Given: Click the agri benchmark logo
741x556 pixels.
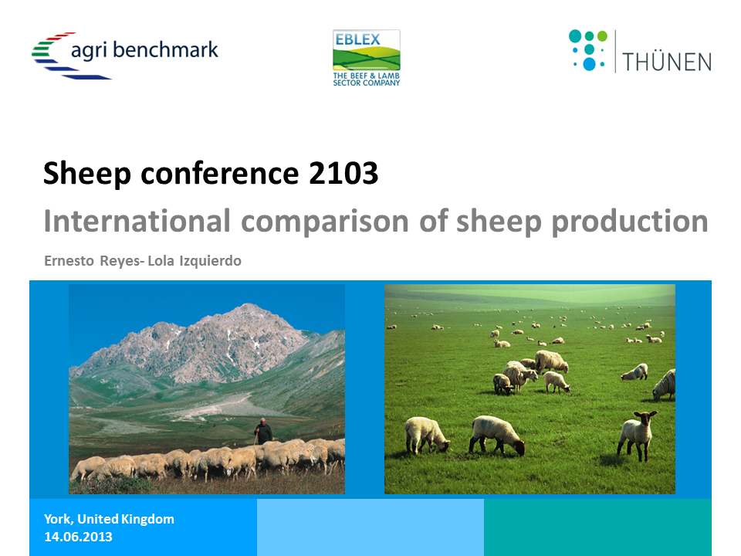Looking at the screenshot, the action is [125, 56].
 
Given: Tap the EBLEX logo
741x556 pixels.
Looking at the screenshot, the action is [366, 58].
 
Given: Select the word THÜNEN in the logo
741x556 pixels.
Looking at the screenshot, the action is [667, 62].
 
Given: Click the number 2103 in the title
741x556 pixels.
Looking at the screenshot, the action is [343, 173].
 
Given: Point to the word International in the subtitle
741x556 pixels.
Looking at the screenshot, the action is [137, 221].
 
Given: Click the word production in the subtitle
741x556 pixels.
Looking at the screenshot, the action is [630, 222].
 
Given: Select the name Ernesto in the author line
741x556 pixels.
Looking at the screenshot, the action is [69, 260].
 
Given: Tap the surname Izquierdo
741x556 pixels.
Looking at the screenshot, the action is [210, 260].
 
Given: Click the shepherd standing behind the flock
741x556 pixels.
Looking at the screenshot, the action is [263, 431].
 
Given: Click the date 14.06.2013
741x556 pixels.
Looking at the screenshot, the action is [79, 537].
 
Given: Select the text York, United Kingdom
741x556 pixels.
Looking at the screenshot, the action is [109, 519].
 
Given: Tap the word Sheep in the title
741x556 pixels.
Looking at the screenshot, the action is [87, 174].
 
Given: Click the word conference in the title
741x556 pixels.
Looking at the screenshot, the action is [220, 173].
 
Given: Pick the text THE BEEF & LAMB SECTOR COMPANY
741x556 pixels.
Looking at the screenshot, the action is [366, 79].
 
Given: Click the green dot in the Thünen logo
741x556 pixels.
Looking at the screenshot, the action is [602, 36].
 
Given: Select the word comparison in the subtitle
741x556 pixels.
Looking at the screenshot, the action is [325, 222].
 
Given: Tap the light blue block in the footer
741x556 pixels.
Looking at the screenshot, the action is [370, 527].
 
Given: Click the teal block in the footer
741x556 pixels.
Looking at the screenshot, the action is [597, 527].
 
